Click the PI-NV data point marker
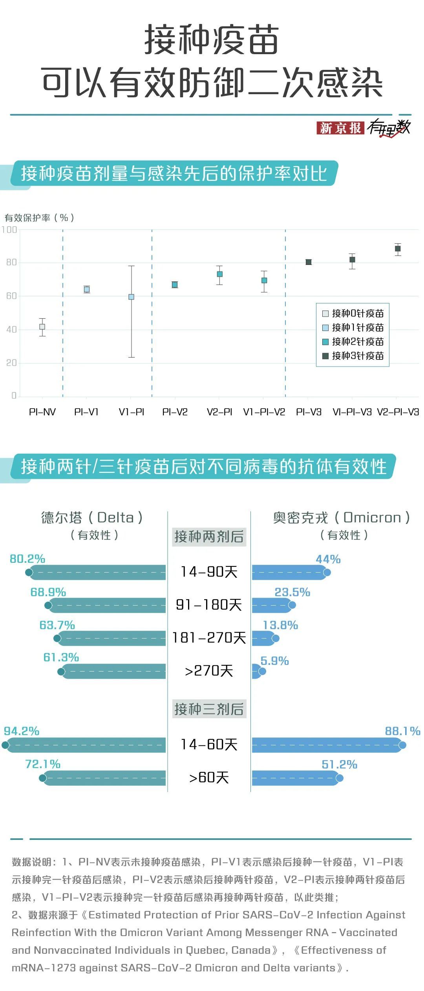pyautogui.click(x=42, y=327)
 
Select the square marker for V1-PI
pyautogui.click(x=132, y=297)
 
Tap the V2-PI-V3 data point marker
pyautogui.click(x=398, y=249)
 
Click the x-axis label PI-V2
pyautogui.click(x=175, y=412)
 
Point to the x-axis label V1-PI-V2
pyautogui.click(x=264, y=412)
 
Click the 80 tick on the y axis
pyautogui.click(x=12, y=262)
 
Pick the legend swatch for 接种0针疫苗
pyautogui.click(x=325, y=314)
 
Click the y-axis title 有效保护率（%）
pyautogui.click(x=39, y=217)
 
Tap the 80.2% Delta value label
pyautogui.click(x=27, y=559)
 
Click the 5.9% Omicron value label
pyautogui.click(x=275, y=661)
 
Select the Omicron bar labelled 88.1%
pyautogui.click(x=328, y=745)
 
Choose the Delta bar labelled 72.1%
pyautogui.click(x=104, y=778)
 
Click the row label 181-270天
pyautogui.click(x=209, y=638)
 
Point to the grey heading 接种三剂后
pyautogui.click(x=209, y=709)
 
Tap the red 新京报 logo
pyautogui.click(x=340, y=128)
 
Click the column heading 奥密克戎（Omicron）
pyautogui.click(x=342, y=518)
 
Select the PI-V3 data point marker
pyautogui.click(x=309, y=262)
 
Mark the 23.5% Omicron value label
pyautogui.click(x=292, y=592)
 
